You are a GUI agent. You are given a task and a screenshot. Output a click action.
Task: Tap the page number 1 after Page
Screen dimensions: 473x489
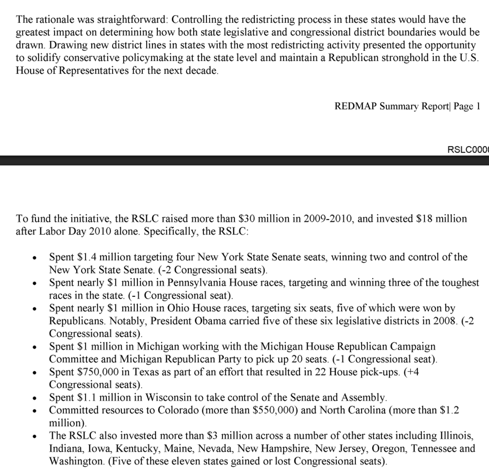click(478, 107)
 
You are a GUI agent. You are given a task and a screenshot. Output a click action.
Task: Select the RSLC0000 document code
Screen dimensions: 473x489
click(468, 150)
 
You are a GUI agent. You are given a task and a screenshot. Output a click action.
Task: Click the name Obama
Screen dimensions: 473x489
click(209, 321)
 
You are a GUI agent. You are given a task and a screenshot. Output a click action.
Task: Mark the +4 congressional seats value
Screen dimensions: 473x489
click(412, 372)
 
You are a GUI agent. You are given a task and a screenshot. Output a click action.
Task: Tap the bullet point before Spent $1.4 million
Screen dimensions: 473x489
click(35, 258)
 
